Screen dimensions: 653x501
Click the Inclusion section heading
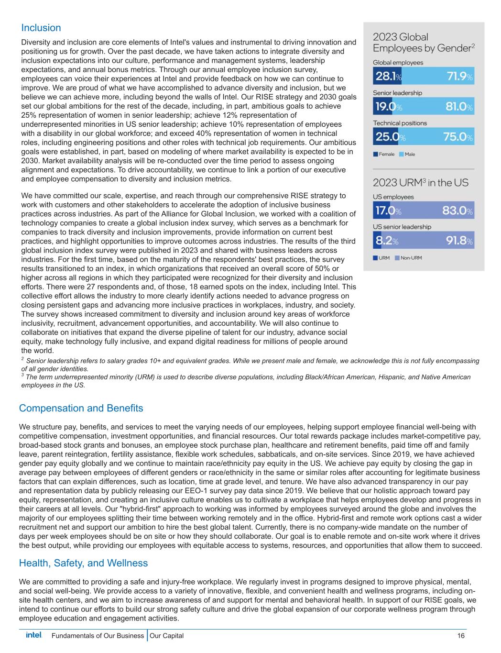(41, 28)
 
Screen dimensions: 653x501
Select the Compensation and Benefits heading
(81, 408)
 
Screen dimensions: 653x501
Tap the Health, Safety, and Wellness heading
(83, 563)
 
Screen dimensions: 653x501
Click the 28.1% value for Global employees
(388, 77)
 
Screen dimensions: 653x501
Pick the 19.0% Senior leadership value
(388, 107)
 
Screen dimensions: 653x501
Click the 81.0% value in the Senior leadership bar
(459, 107)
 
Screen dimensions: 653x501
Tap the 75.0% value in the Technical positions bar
(458, 137)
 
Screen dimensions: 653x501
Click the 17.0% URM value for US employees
(388, 210)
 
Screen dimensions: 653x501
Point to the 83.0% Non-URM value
(459, 210)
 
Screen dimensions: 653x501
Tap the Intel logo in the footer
(33, 635)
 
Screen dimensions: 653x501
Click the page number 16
(461, 636)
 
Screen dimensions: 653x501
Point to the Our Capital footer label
(166, 636)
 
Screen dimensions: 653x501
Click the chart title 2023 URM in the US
(421, 182)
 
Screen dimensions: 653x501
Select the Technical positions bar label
(400, 123)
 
